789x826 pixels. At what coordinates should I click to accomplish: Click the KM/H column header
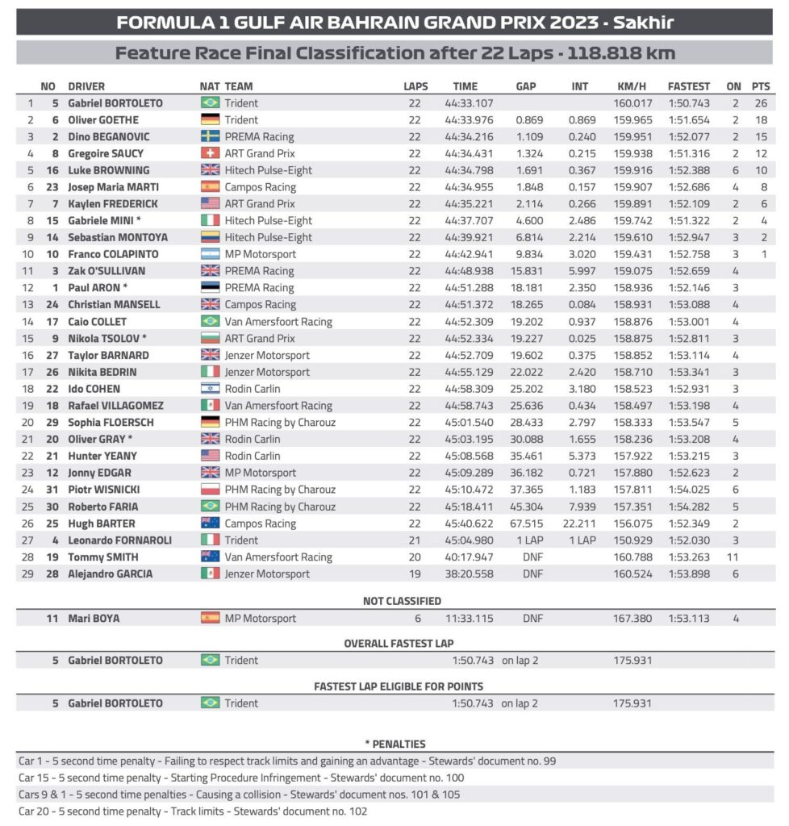click(631, 86)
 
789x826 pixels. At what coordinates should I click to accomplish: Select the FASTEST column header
click(689, 86)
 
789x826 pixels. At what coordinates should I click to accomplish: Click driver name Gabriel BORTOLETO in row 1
click(115, 103)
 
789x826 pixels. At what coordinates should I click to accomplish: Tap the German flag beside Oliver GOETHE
click(210, 120)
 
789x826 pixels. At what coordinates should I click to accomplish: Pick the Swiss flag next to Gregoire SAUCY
click(210, 153)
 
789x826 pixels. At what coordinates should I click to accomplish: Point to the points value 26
click(760, 103)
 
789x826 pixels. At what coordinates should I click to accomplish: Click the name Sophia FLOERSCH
click(111, 422)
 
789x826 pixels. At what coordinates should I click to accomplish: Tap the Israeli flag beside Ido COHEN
click(210, 389)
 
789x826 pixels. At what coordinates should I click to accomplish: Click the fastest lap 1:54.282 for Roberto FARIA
click(690, 507)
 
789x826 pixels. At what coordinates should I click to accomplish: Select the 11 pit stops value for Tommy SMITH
click(734, 557)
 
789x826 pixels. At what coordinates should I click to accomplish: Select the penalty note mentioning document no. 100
click(241, 778)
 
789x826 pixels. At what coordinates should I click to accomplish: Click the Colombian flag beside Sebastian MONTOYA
click(210, 237)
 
